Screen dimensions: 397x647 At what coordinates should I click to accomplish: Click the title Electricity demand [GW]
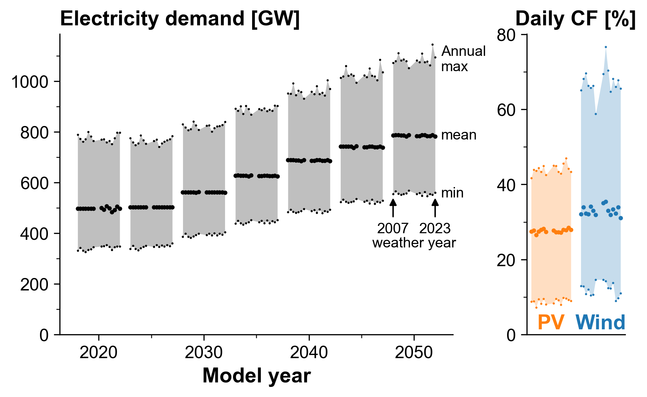click(x=180, y=18)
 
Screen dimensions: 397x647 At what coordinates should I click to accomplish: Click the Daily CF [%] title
click(x=575, y=18)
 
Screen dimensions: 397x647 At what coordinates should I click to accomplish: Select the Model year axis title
click(x=256, y=376)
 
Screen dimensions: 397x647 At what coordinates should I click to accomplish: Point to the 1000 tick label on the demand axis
click(x=30, y=82)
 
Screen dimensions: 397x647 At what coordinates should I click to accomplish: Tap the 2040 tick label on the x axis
click(x=309, y=353)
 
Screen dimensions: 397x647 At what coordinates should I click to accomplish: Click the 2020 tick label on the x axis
click(x=99, y=353)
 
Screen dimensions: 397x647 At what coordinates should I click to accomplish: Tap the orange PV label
click(x=551, y=322)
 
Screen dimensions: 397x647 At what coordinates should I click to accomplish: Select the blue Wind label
click(x=600, y=322)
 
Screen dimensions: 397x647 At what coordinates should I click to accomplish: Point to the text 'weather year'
click(x=414, y=243)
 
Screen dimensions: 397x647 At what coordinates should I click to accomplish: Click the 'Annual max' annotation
click(x=463, y=59)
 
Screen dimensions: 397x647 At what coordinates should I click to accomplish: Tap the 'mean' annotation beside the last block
click(x=458, y=135)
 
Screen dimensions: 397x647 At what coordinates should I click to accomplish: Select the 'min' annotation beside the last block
click(x=452, y=193)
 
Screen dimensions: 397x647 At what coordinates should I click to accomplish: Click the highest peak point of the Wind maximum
click(x=606, y=47)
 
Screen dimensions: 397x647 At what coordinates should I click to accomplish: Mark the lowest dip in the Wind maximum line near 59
click(x=596, y=114)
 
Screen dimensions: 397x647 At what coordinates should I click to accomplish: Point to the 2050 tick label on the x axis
click(x=414, y=353)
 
